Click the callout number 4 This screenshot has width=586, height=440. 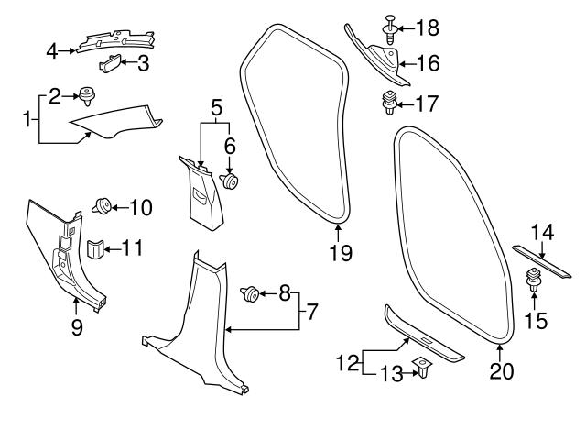pyautogui.click(x=52, y=50)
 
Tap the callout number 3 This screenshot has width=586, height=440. pyautogui.click(x=144, y=63)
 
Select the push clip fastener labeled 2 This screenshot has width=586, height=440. pyautogui.click(x=89, y=93)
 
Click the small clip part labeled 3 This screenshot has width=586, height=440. pyautogui.click(x=109, y=63)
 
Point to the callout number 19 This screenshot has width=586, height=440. pyautogui.click(x=340, y=253)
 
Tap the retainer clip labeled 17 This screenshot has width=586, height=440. pyautogui.click(x=389, y=104)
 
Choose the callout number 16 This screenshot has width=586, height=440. pyautogui.click(x=428, y=63)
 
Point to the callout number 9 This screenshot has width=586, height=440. pyautogui.click(x=77, y=326)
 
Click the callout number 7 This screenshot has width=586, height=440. pyautogui.click(x=312, y=313)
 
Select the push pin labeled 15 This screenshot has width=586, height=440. pyautogui.click(x=532, y=279)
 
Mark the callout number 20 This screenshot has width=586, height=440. pyautogui.click(x=501, y=371)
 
